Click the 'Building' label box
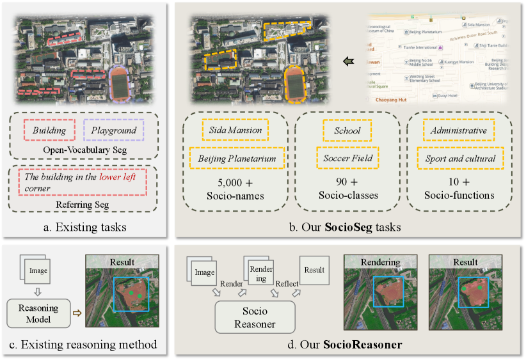pos(50,130)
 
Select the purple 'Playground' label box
pos(113,130)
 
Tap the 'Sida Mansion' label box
pos(235,130)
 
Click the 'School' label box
pos(347,130)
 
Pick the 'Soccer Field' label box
pos(347,157)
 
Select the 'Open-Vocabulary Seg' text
pos(88,150)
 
